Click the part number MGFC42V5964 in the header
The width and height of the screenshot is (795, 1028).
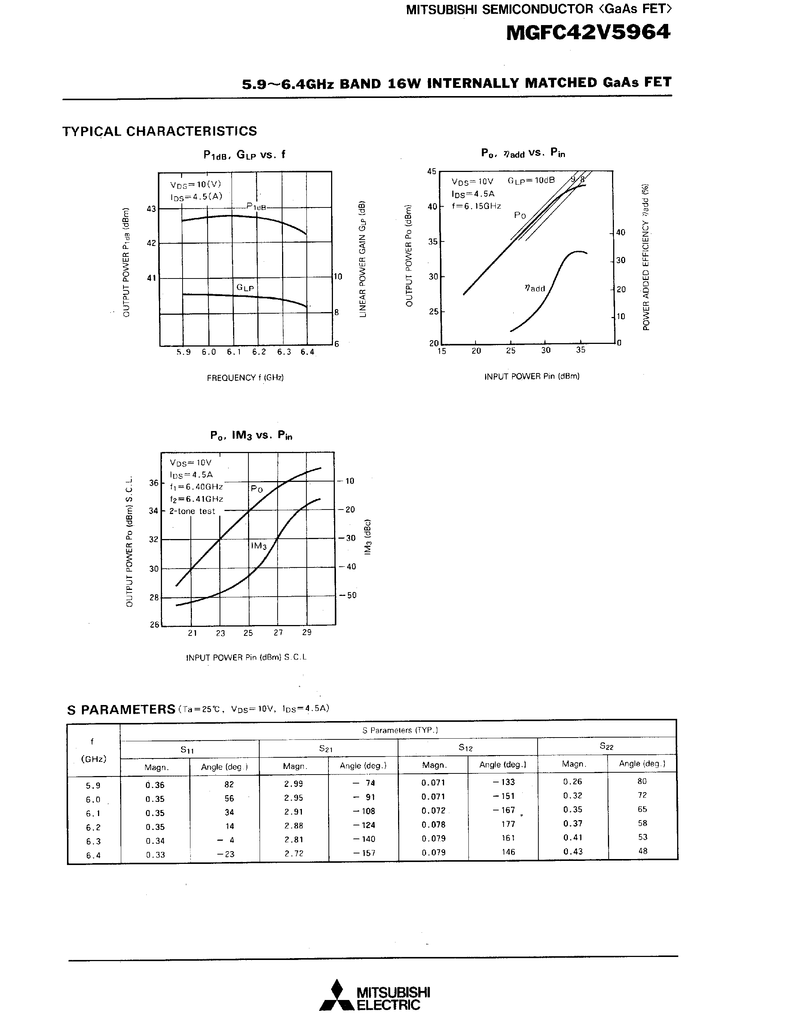tap(588, 33)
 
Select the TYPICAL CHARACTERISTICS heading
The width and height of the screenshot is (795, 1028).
tap(160, 131)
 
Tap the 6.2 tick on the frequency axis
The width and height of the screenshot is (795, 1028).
tap(259, 352)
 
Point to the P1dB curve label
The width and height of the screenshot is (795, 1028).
tap(257, 206)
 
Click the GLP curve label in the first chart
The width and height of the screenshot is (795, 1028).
tap(245, 287)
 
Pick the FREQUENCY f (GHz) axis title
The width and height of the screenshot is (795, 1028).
tap(245, 378)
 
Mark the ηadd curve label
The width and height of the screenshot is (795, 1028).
tap(535, 288)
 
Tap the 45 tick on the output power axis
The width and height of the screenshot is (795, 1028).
tap(431, 171)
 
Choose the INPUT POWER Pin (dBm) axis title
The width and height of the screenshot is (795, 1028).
tap(532, 376)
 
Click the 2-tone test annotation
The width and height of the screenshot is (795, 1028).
tap(192, 511)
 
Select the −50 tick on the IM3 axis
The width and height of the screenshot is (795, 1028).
tap(349, 595)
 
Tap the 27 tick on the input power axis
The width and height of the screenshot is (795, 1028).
tap(278, 633)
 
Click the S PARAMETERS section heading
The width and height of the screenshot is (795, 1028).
tap(121, 710)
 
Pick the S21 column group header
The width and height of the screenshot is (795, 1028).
tap(326, 748)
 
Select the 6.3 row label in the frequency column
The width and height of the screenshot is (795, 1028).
tap(93, 841)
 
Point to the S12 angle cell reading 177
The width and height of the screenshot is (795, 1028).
tap(508, 824)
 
